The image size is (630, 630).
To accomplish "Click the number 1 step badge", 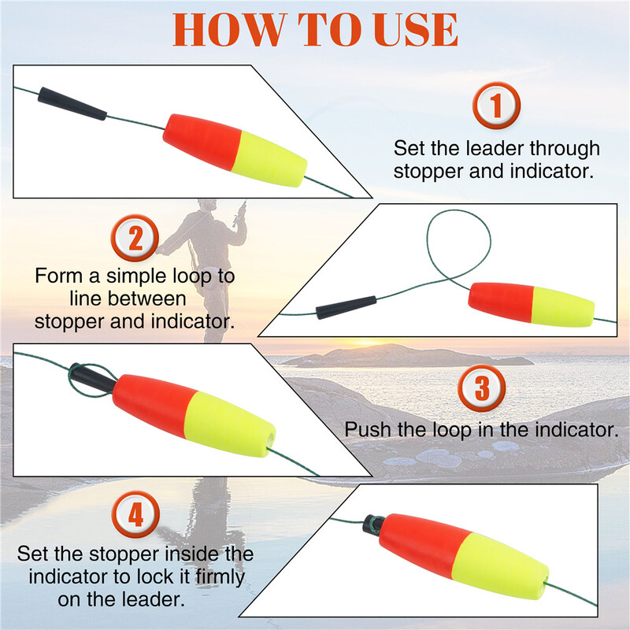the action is (496, 106).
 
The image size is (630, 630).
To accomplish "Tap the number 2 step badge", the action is (135, 238).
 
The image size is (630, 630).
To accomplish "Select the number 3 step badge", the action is (482, 387).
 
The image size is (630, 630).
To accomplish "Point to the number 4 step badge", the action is (135, 515).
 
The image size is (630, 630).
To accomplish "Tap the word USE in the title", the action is (417, 30).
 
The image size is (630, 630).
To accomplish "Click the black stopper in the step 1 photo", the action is (72, 104).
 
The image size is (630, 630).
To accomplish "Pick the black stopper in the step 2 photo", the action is (346, 307).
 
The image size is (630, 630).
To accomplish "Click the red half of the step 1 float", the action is (202, 140).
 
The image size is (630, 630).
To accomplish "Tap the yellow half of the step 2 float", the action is (562, 306).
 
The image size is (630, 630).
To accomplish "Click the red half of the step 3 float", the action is (154, 403).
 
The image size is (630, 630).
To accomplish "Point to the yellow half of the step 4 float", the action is (499, 565).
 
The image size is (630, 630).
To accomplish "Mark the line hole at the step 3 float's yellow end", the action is (269, 439).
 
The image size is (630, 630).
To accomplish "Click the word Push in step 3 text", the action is (368, 429).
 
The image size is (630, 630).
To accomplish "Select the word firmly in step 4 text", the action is (220, 577).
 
